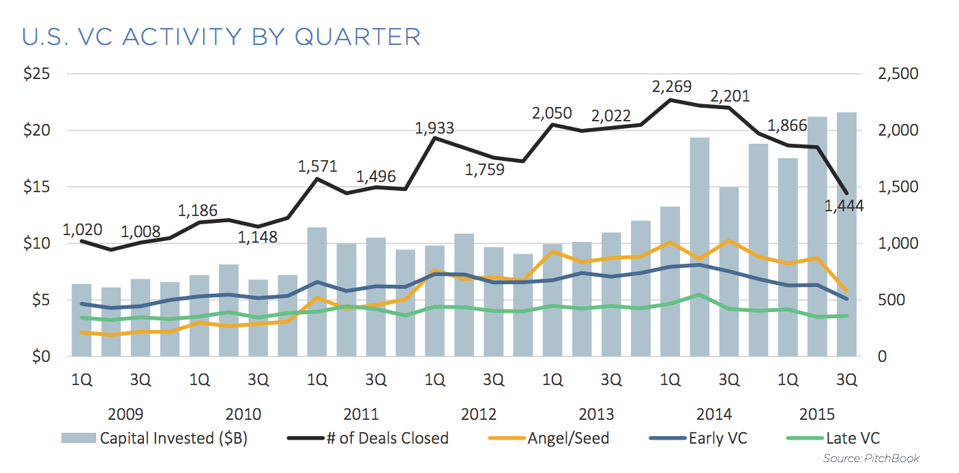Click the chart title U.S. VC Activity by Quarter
coord(222,36)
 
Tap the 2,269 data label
coord(672,87)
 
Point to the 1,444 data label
coord(844,205)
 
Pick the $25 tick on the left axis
coord(38,74)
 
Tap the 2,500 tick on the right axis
coord(899,74)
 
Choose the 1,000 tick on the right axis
coord(899,243)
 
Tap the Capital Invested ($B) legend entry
coord(155,438)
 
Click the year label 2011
coord(361,414)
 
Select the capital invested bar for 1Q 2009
coord(82,320)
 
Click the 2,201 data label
coord(731,95)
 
